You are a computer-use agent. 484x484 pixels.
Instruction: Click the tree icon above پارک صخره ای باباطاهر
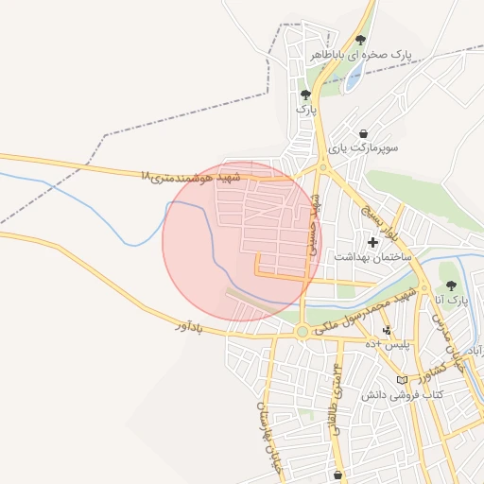point(360,40)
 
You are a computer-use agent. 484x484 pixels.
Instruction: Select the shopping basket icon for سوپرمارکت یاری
point(365,133)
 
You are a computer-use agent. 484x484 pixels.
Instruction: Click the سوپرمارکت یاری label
point(365,148)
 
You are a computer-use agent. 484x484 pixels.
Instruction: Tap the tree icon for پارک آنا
point(450,285)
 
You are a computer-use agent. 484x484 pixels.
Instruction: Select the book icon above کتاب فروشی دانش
point(403,379)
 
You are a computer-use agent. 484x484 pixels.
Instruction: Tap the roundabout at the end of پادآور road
point(302,332)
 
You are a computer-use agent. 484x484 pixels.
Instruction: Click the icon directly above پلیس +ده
point(387,330)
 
